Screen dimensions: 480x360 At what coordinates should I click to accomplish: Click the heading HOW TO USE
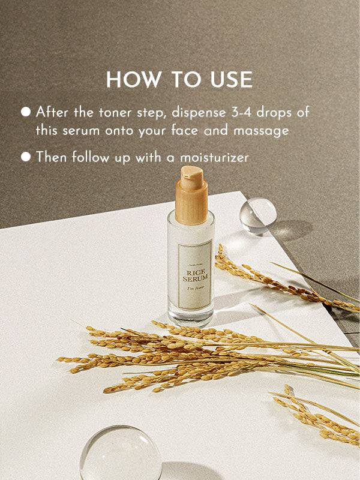tap(179, 80)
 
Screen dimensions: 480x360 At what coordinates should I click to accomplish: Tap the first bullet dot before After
tap(26, 112)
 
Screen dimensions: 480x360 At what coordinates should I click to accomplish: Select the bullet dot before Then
tap(26, 157)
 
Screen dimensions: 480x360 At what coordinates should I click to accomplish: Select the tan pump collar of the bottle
tap(191, 204)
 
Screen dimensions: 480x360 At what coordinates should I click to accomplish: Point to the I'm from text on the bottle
tap(194, 298)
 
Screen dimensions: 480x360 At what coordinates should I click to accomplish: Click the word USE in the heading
tap(231, 80)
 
